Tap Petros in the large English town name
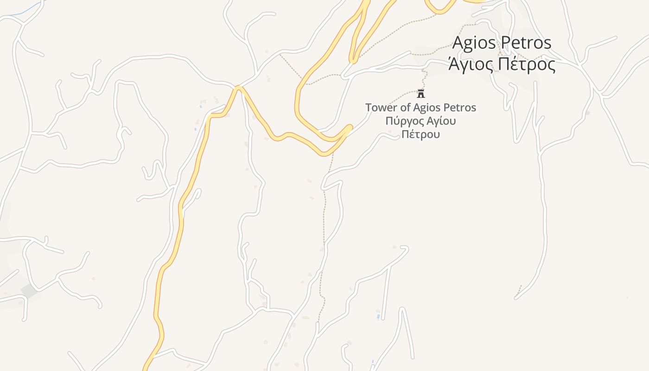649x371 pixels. (x=527, y=43)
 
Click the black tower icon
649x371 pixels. (x=421, y=94)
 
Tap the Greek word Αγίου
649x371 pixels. (x=440, y=122)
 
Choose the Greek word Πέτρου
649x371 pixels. (x=420, y=134)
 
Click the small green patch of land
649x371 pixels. (x=29, y=291)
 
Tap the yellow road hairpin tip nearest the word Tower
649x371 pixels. (x=350, y=126)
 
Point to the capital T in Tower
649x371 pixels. (x=369, y=108)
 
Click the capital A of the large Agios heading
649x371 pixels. (x=458, y=43)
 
